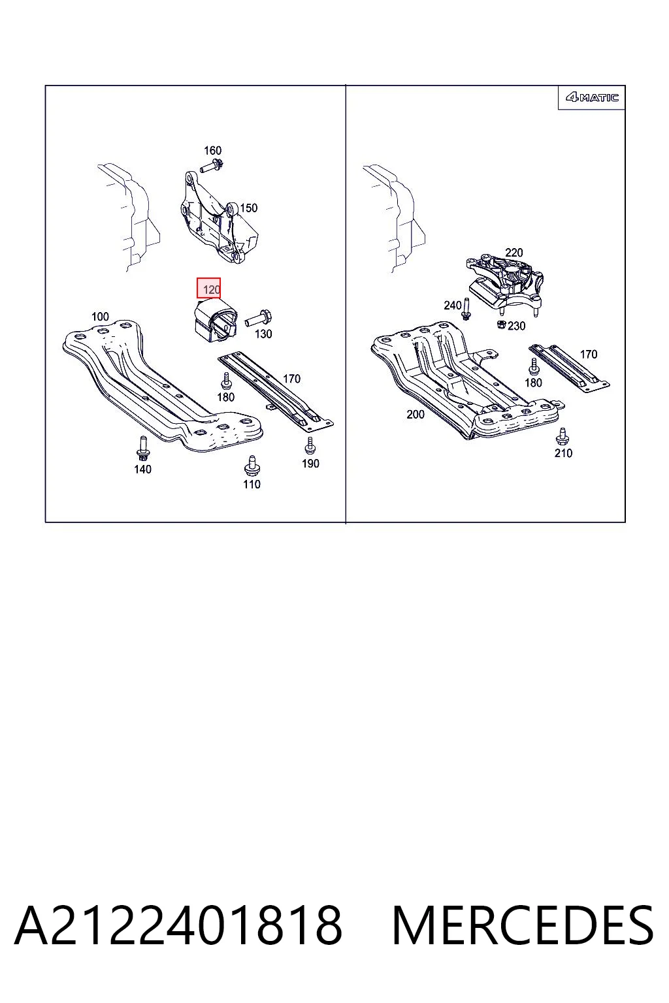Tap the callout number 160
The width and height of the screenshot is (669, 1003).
coord(212,150)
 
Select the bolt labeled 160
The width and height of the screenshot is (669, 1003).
coord(212,166)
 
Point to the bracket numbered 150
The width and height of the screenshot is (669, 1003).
coord(219,217)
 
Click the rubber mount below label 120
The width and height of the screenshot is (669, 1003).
coord(215,322)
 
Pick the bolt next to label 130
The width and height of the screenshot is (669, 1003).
coord(259,319)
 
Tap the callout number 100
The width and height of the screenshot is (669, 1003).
coord(100,317)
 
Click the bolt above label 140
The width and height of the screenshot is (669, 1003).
coord(142,448)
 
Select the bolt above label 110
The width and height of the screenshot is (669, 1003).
coord(252,466)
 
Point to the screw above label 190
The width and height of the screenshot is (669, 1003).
coord(310,446)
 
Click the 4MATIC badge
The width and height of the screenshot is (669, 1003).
coord(592,97)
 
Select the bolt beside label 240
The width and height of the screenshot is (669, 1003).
coord(466,309)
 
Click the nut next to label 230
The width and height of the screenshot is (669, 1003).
coord(501,324)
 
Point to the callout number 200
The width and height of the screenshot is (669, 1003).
coord(416,414)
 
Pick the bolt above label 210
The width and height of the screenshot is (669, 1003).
coord(562,436)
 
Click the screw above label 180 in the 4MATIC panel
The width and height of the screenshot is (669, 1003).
coord(533,366)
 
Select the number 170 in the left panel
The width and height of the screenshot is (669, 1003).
coord(291,379)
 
